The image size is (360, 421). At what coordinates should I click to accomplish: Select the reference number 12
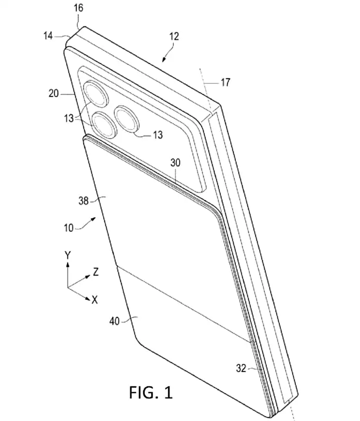[x=174, y=36]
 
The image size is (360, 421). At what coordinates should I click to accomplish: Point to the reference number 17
[x=226, y=82]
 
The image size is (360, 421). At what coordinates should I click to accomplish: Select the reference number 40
[x=114, y=321]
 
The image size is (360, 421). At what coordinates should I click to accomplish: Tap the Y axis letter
[x=67, y=255]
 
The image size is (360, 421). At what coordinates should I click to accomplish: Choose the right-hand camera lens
[x=127, y=118]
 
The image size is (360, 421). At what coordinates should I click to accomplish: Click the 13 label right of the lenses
[x=157, y=135]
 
